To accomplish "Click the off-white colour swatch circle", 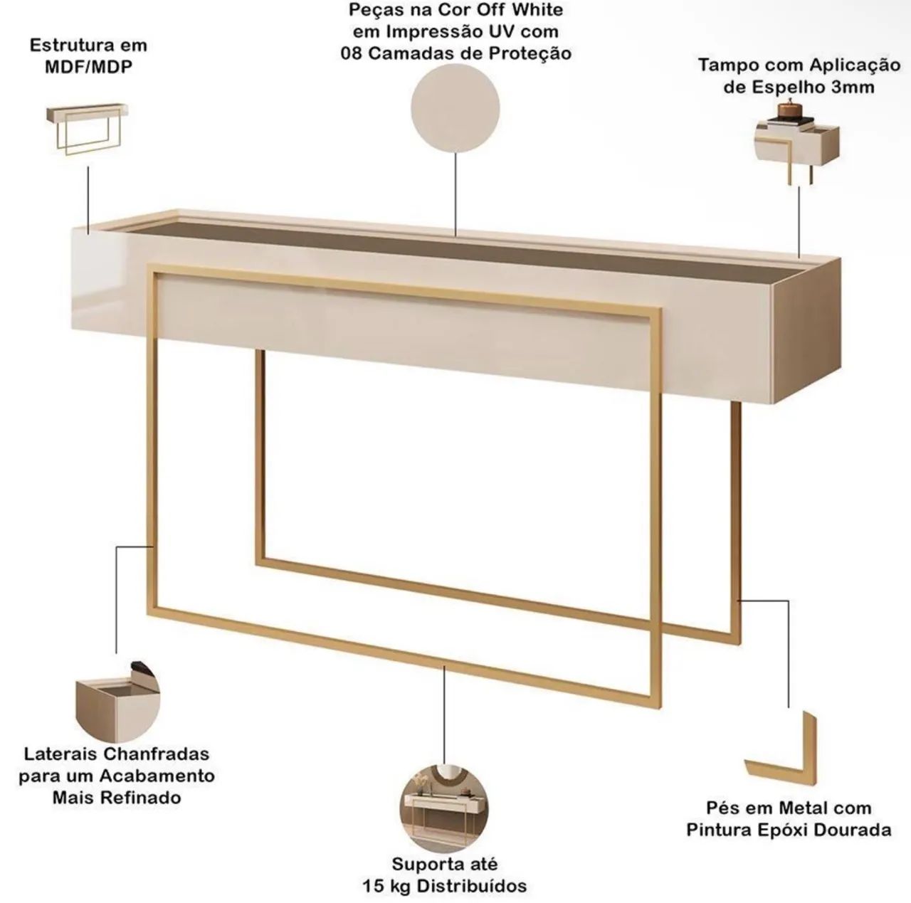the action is (x=455, y=108).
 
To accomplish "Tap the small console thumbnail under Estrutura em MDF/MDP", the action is (x=87, y=128).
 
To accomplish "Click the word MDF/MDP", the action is (x=88, y=67).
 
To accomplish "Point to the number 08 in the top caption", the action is (x=352, y=53).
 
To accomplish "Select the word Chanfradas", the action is (x=157, y=754).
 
